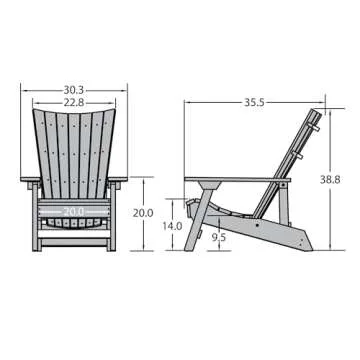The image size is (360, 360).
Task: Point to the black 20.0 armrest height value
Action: [x=142, y=213]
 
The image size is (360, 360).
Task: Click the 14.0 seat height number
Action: [x=172, y=227]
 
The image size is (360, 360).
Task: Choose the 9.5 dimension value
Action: [x=218, y=238]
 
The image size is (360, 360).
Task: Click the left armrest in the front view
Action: [x=31, y=181]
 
